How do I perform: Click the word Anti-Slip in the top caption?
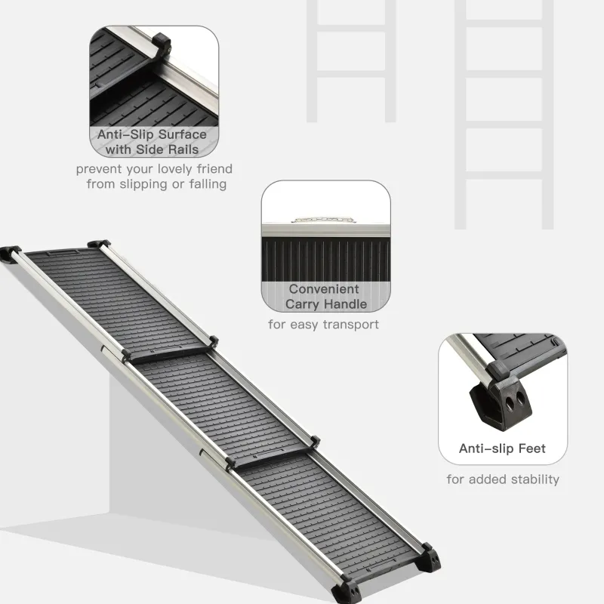pyautogui.click(x=122, y=135)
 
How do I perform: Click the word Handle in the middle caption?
pyautogui.click(x=347, y=304)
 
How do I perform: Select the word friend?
pyautogui.click(x=209, y=169)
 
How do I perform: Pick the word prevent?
pyautogui.click(x=100, y=169)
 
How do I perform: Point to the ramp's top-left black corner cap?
pyautogui.click(x=11, y=253)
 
